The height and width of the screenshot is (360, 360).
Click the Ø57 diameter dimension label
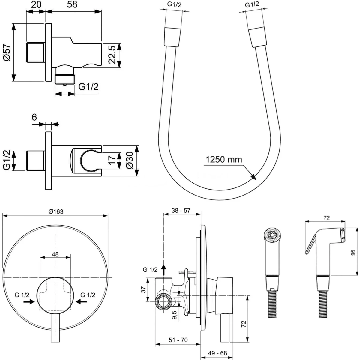click(7, 52)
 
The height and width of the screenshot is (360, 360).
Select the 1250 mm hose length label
click(224, 160)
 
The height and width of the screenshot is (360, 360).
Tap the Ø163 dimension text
click(56, 211)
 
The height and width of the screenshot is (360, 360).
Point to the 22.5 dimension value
click(112, 55)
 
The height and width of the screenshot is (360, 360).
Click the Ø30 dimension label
click(130, 160)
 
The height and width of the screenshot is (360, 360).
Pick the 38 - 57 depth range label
click(181, 211)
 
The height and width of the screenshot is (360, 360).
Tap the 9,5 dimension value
click(175, 315)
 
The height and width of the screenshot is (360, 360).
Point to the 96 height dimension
click(353, 253)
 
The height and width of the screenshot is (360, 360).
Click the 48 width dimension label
click(55, 254)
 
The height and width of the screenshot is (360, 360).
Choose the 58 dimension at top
click(72, 4)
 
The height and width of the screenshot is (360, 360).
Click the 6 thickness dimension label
click(34, 117)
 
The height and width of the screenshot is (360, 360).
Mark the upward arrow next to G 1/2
click(164, 270)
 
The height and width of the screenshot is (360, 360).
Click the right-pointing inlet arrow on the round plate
click(29, 302)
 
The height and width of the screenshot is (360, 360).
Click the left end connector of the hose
click(172, 37)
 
